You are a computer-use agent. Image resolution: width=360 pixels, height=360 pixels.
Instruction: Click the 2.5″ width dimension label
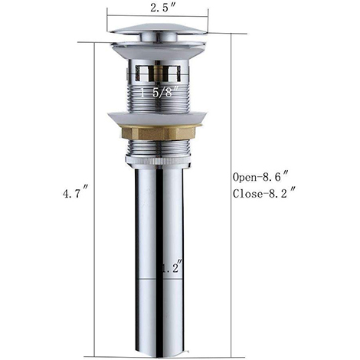click(x=162, y=8)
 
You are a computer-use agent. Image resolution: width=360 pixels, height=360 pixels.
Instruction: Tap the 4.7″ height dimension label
click(x=76, y=194)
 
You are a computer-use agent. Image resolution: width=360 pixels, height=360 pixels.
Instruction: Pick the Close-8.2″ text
click(x=264, y=194)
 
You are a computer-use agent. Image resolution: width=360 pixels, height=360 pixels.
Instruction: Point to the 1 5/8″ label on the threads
click(x=159, y=91)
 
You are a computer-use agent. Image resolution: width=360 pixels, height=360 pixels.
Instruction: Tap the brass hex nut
click(x=159, y=133)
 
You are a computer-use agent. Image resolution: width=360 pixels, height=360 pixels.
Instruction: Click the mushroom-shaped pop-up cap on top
click(x=159, y=28)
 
